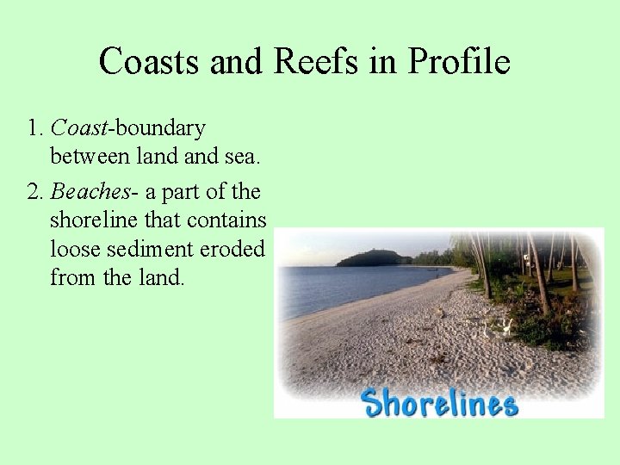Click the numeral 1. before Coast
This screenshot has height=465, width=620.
coord(35,129)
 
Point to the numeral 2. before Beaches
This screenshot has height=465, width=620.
coord(35,191)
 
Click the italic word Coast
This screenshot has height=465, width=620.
coord(79,129)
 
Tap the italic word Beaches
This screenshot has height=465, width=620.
coord(87,191)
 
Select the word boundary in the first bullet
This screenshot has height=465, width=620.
coord(161,129)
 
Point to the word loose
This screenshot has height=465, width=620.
coord(74,249)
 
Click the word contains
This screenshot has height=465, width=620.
coord(226,220)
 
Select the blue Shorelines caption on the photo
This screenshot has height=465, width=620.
coord(439,402)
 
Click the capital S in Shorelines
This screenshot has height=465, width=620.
coord(373,402)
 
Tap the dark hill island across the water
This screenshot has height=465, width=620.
coord(372,257)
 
